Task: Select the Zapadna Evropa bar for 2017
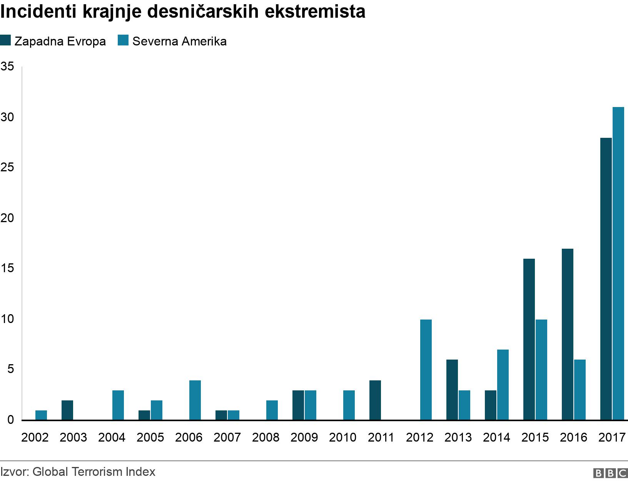606,279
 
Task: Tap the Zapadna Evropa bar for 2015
529,339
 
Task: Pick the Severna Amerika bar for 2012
426,370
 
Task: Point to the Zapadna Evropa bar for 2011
375,400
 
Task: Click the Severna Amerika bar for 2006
195,400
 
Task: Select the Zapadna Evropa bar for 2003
67,410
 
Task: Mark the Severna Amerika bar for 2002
41,415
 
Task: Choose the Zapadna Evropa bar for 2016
568,334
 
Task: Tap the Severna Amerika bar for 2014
503,385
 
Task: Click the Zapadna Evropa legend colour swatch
5,40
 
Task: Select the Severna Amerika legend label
179,41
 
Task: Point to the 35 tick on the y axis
7,67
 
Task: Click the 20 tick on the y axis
7,218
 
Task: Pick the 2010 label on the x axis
343,438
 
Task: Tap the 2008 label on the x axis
266,438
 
